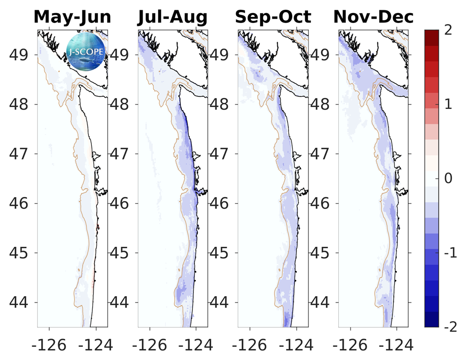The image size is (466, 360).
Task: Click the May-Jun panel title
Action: point(73,17)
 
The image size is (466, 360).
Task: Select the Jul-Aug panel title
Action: point(172,17)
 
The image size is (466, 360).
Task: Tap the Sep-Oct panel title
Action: point(273,17)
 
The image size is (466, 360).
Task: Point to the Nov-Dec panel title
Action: point(373,17)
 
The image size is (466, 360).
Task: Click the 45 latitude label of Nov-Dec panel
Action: point(322,253)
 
